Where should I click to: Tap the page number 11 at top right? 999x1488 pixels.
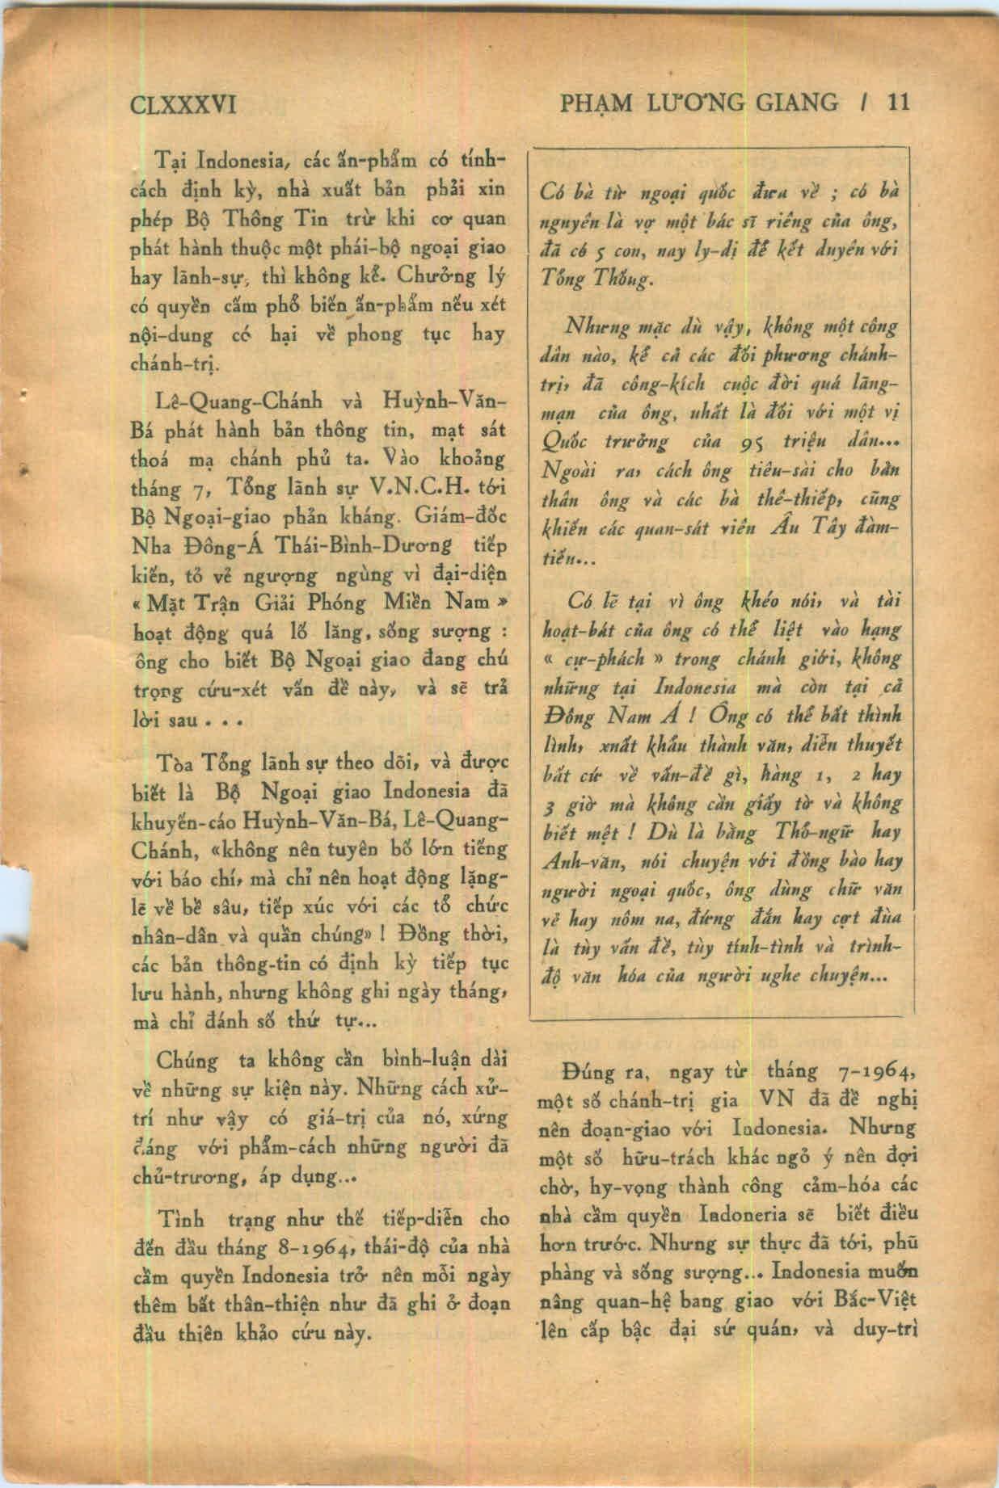click(x=898, y=103)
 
